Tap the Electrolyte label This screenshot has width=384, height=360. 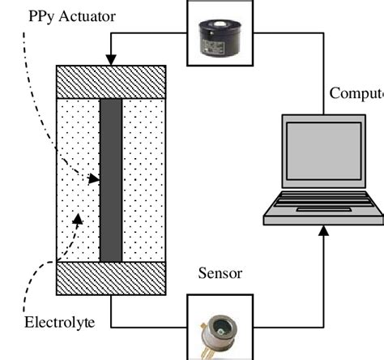(x=58, y=322)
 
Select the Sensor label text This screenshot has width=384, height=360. (x=220, y=273)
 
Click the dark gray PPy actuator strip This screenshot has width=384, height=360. (x=111, y=180)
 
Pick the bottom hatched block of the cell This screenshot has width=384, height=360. (x=111, y=278)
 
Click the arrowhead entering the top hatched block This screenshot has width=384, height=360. (x=111, y=60)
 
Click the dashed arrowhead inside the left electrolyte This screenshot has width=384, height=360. (x=79, y=216)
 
